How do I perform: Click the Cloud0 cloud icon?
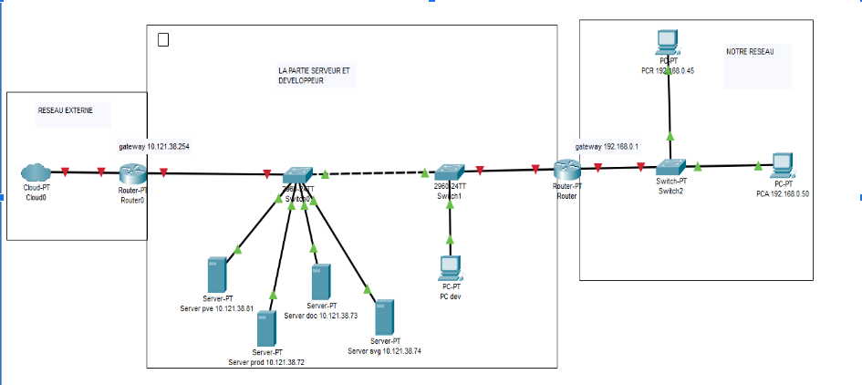coord(36,171)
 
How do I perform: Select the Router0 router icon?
coord(133,172)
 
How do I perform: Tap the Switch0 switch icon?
coord(297,173)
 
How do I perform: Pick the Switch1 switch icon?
coord(450,172)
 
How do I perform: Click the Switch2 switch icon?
coord(670,166)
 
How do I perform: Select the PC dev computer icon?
coord(450,267)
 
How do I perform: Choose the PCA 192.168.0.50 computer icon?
coord(782,165)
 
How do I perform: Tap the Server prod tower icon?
coord(266,328)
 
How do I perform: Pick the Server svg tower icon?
coord(385,317)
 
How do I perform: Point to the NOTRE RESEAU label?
coord(750,53)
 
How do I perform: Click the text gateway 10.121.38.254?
coord(154,146)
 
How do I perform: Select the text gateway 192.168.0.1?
coord(607,146)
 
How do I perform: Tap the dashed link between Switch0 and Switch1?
coord(374,172)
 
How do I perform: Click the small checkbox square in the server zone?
coord(163,39)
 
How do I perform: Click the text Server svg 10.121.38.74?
coord(384,350)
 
